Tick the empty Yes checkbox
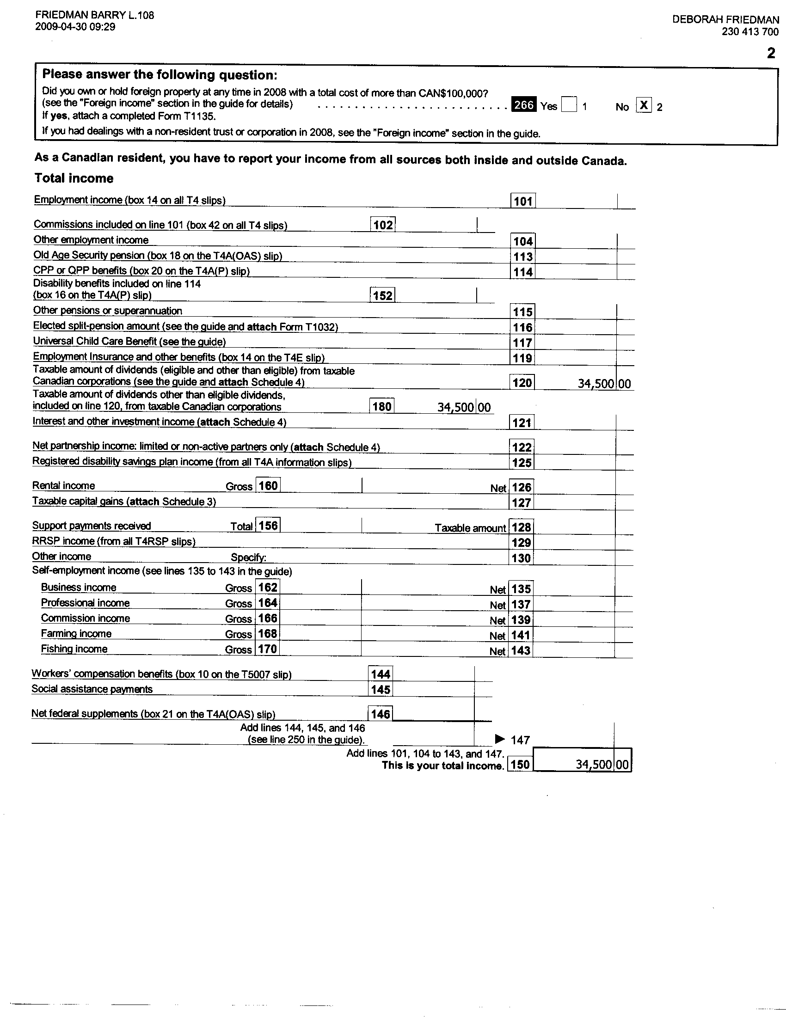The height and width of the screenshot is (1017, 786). click(569, 104)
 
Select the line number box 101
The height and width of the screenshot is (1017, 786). click(523, 201)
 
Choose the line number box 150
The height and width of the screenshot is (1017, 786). click(520, 765)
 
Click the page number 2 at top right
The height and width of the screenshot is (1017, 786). click(771, 54)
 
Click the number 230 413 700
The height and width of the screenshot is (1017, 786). click(750, 31)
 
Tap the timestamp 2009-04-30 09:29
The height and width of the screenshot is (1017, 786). click(75, 27)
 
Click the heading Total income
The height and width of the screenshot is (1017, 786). click(74, 178)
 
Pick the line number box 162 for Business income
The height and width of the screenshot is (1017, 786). click(268, 588)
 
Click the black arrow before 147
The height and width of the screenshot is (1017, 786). click(500, 739)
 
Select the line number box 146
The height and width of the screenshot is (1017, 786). click(381, 714)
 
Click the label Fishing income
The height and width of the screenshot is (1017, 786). click(74, 649)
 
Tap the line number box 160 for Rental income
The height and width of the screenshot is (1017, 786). click(268, 486)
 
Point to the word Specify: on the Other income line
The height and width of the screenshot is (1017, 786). click(249, 558)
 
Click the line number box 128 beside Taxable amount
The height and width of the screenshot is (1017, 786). click(521, 527)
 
